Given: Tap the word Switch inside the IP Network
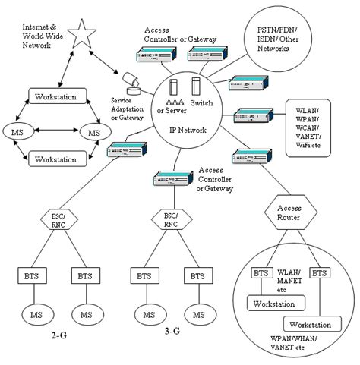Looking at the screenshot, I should (x=202, y=102).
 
